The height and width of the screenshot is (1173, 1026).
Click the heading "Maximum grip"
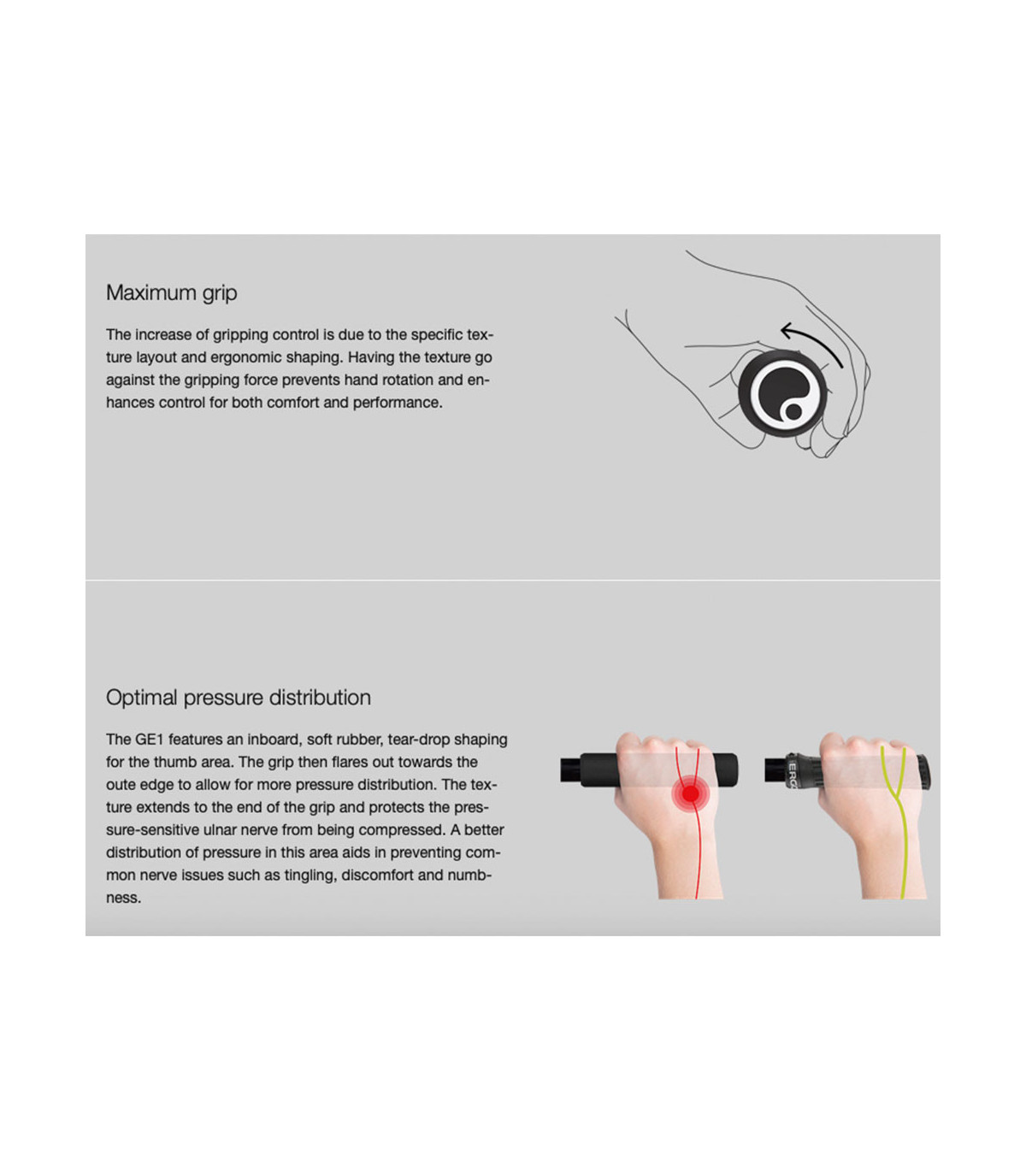171,293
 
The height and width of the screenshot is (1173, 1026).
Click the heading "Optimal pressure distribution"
239,698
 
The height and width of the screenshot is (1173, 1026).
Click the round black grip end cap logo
781,393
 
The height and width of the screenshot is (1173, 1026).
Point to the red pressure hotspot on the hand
691,793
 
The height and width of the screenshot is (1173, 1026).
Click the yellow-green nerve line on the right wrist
897,821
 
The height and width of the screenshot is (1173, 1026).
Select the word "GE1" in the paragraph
149,740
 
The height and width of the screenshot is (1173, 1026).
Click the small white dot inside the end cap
793,411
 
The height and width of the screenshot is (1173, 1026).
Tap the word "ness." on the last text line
123,899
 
